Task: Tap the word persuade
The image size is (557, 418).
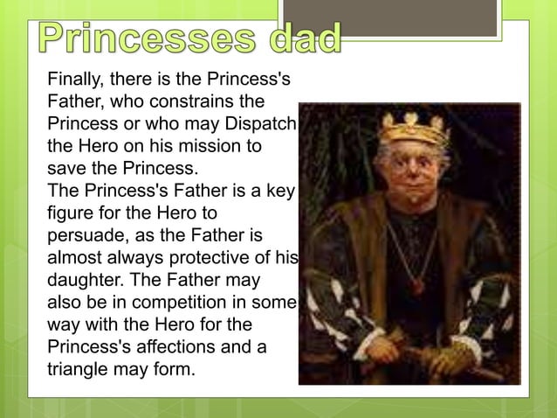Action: tap(85, 235)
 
